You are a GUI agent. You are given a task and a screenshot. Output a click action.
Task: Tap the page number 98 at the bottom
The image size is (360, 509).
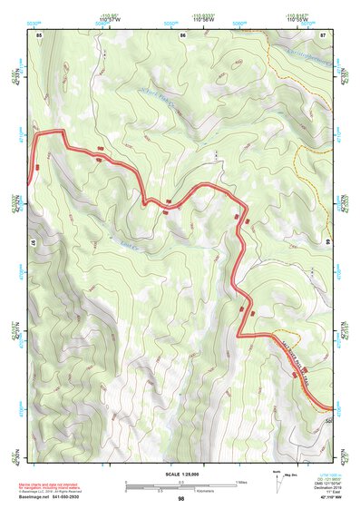[180, 499]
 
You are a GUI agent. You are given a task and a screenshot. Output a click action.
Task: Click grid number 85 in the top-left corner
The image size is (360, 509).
[39, 34]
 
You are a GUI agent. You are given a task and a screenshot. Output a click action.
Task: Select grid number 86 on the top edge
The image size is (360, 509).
[182, 34]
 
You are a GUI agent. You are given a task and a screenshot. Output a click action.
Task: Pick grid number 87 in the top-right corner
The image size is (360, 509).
[324, 34]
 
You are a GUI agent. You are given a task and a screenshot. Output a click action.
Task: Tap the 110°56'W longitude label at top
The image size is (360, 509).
[202, 20]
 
